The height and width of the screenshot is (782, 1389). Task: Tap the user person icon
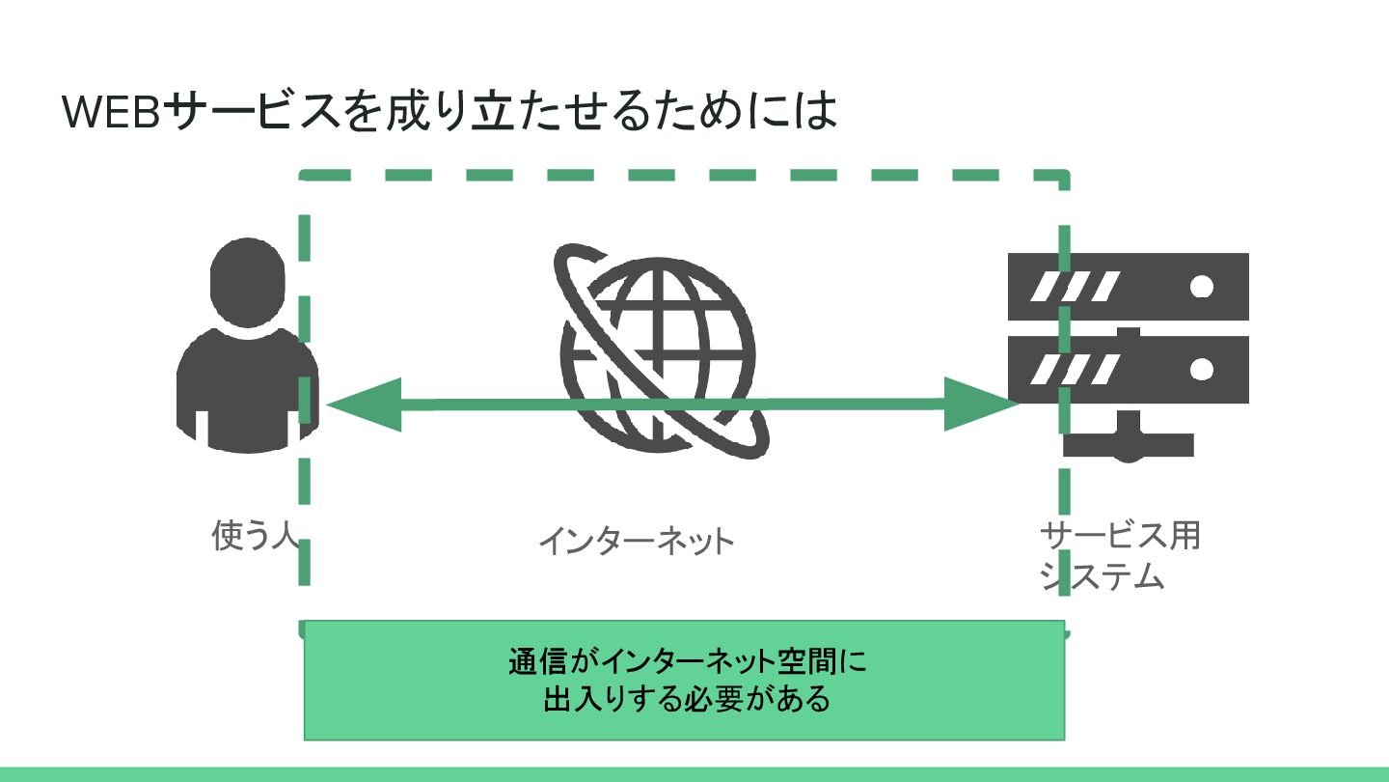coord(248,348)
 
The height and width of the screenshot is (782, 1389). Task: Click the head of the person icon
coord(248,280)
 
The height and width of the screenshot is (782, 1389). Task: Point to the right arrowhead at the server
coord(980,404)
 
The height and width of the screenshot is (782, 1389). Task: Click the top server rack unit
coord(1128,287)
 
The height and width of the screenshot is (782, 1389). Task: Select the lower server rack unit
coord(1128,369)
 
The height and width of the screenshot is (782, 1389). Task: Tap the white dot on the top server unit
coord(1202,287)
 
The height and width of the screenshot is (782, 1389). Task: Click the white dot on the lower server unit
coord(1202,369)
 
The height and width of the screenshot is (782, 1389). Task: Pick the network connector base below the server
coord(1129,443)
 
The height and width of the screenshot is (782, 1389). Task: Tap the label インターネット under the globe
coord(636,541)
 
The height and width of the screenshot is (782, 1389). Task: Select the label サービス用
coord(1119,536)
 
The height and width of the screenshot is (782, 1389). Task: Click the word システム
coord(1102,576)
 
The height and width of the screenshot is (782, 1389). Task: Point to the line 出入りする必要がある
coord(686,698)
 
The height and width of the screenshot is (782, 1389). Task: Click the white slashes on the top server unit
coord(1075,287)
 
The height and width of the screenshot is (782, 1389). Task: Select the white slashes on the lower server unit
coord(1075,369)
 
